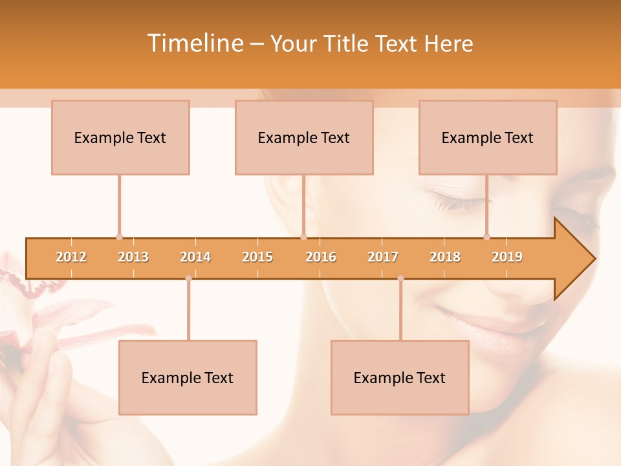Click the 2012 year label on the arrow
pyautogui.click(x=71, y=257)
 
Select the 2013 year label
pyautogui.click(x=133, y=257)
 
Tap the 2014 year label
pyautogui.click(x=195, y=257)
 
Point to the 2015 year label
pyautogui.click(x=257, y=257)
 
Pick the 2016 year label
pyautogui.click(x=321, y=257)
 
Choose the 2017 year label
pyautogui.click(x=383, y=257)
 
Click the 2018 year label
pyautogui.click(x=445, y=257)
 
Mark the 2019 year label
pyautogui.click(x=507, y=257)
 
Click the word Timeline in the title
pyautogui.click(x=194, y=43)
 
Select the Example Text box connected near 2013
pyautogui.click(x=120, y=137)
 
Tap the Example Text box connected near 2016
pyautogui.click(x=304, y=137)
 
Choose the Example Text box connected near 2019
pyautogui.click(x=488, y=137)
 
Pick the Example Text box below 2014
pyautogui.click(x=188, y=377)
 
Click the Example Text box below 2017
pyautogui.click(x=400, y=377)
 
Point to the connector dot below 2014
pyautogui.click(x=188, y=278)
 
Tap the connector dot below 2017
pyautogui.click(x=400, y=278)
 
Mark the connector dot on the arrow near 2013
pyautogui.click(x=119, y=237)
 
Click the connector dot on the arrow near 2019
pyautogui.click(x=486, y=237)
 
